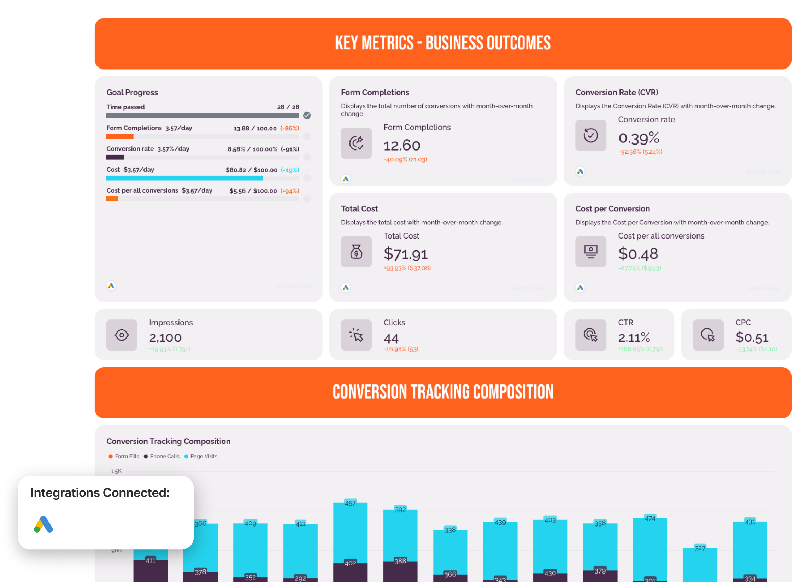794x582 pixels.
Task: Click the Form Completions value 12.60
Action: (402, 146)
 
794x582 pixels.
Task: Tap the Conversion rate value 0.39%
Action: (639, 138)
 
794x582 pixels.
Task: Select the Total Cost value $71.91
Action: (405, 254)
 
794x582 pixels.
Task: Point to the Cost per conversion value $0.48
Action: (638, 254)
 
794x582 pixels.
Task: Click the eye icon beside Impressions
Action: (122, 335)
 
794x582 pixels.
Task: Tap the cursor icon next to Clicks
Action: (356, 335)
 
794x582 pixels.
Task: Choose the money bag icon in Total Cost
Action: (356, 252)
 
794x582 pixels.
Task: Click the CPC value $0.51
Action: (752, 337)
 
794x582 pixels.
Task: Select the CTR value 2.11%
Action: (634, 337)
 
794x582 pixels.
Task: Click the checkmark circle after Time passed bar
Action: (307, 116)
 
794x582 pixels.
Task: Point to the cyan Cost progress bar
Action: (184, 178)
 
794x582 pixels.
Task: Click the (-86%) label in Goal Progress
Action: (289, 128)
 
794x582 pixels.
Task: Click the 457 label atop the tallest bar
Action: (350, 503)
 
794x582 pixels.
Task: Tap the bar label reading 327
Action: (700, 548)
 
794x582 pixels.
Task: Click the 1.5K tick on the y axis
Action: (116, 471)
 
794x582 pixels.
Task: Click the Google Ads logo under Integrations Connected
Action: (43, 524)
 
